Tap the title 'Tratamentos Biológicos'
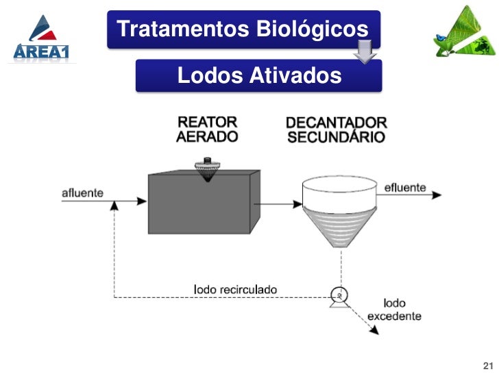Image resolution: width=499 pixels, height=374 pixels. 243,29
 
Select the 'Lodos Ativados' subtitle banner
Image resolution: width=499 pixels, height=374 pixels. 258,75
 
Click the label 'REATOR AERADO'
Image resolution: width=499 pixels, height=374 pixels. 207,129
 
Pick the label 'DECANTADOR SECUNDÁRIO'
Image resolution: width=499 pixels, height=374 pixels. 336,129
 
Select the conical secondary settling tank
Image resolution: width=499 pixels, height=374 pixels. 339,208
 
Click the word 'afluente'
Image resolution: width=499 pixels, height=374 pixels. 82,192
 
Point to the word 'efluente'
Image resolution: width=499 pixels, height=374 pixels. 405,187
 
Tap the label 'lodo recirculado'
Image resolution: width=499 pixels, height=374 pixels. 236,289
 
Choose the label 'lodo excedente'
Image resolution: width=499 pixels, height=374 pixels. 394,310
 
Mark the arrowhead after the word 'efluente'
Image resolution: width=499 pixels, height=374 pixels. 437,195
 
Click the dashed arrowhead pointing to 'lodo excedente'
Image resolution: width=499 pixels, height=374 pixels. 374,332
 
